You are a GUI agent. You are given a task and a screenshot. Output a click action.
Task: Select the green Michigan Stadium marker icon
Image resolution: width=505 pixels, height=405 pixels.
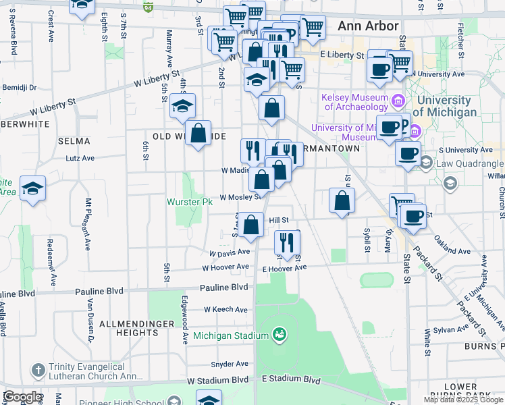coord(279,334)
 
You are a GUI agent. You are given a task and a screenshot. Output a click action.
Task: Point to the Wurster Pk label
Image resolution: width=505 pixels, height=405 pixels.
coord(190,202)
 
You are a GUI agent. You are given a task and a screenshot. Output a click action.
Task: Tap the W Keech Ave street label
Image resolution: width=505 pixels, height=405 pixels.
coord(226,309)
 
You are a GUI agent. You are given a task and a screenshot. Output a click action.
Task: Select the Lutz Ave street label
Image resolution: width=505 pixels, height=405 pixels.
coord(80,158)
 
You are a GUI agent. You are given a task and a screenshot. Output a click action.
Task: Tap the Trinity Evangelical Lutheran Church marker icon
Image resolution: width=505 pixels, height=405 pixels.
coord(38,370)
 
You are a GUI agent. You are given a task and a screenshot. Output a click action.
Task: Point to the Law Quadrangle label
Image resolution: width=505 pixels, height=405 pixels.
coord(471,163)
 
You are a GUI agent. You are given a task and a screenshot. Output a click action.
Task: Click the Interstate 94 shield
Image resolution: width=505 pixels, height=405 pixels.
coord(149,7)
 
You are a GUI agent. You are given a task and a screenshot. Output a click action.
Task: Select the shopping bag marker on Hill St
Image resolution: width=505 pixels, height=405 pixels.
coord(250,225)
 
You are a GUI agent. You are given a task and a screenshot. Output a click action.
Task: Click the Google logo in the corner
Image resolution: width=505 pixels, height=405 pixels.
coord(22,397)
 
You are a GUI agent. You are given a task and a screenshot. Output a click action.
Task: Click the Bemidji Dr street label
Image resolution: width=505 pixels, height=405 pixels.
coord(18,88)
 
